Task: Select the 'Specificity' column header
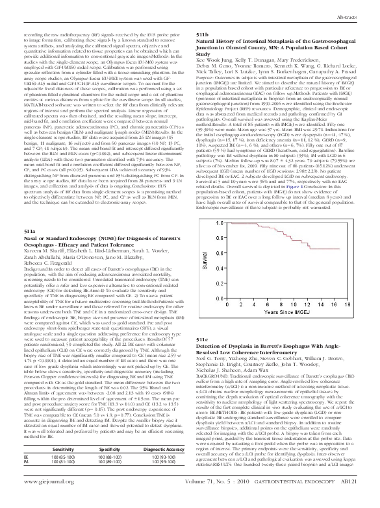point(115,466)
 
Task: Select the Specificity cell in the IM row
point(115,480)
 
